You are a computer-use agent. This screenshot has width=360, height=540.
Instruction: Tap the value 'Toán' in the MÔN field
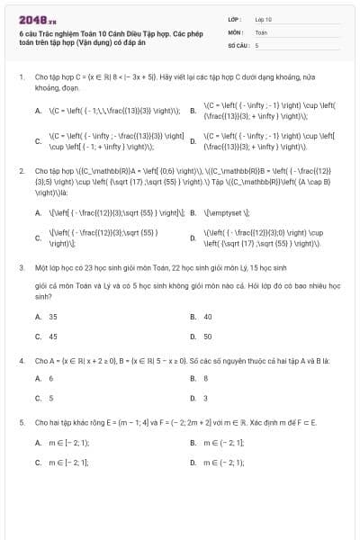(x=260, y=31)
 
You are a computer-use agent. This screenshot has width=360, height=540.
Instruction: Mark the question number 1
(x=21, y=77)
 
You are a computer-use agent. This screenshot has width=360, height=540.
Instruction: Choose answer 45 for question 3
(x=52, y=336)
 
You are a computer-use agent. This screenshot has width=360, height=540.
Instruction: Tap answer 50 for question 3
(x=208, y=336)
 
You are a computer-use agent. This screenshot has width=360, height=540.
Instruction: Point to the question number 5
(x=21, y=421)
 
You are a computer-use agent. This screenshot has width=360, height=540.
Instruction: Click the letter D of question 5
(x=193, y=462)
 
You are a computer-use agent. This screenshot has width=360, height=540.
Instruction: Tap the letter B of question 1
(x=193, y=111)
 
